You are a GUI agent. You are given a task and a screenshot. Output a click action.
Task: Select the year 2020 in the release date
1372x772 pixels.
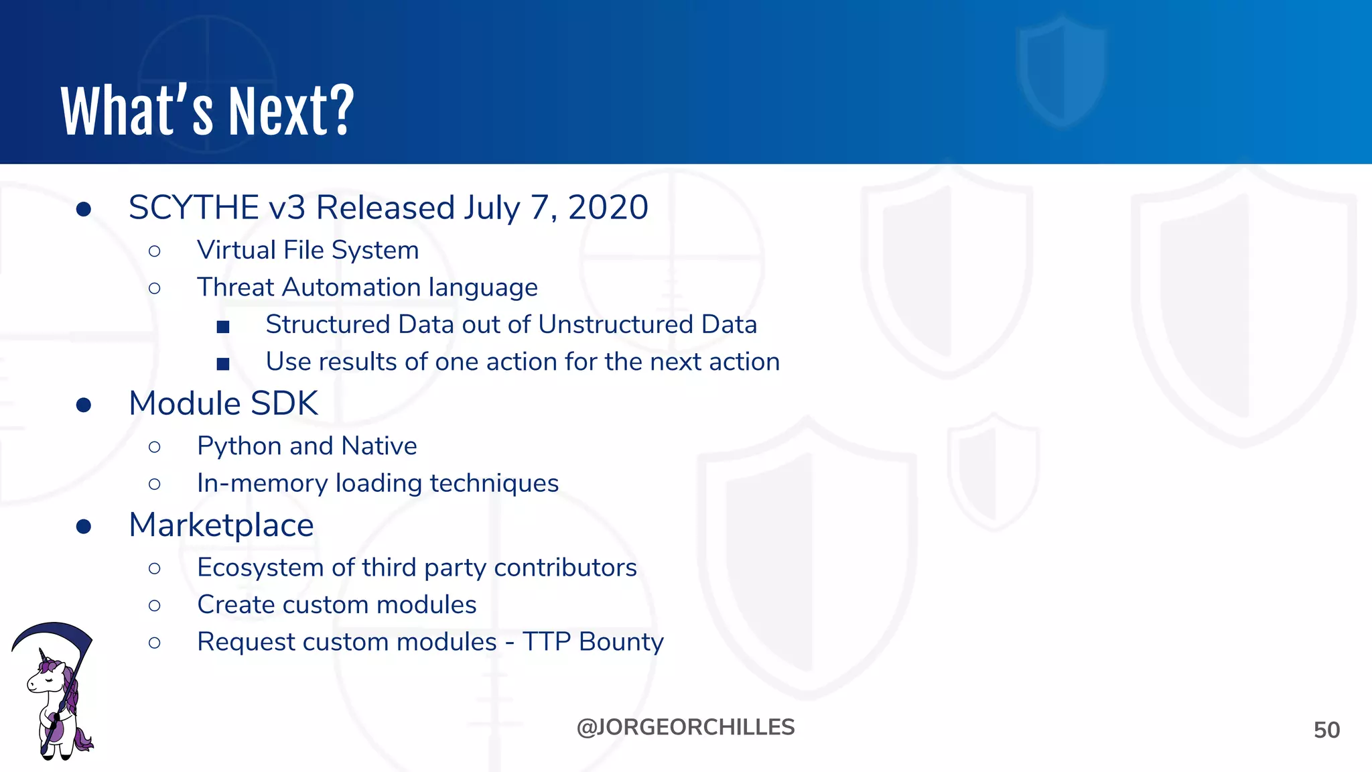pos(608,207)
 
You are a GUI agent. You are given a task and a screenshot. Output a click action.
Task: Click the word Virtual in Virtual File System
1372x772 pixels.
pos(236,250)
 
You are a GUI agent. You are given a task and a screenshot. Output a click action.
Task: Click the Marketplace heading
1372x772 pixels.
pos(221,525)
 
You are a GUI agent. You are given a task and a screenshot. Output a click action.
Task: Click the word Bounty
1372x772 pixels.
pos(621,642)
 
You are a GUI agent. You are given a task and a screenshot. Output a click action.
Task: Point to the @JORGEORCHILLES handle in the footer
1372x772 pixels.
pos(685,727)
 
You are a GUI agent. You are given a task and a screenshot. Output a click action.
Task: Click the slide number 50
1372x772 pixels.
pos(1326,730)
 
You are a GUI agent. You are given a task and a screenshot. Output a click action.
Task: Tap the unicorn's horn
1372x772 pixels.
pos(43,654)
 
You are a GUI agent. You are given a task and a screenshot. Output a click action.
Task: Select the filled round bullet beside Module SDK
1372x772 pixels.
pos(84,405)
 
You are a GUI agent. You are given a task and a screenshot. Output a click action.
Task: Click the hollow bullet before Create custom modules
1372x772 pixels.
pos(155,606)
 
